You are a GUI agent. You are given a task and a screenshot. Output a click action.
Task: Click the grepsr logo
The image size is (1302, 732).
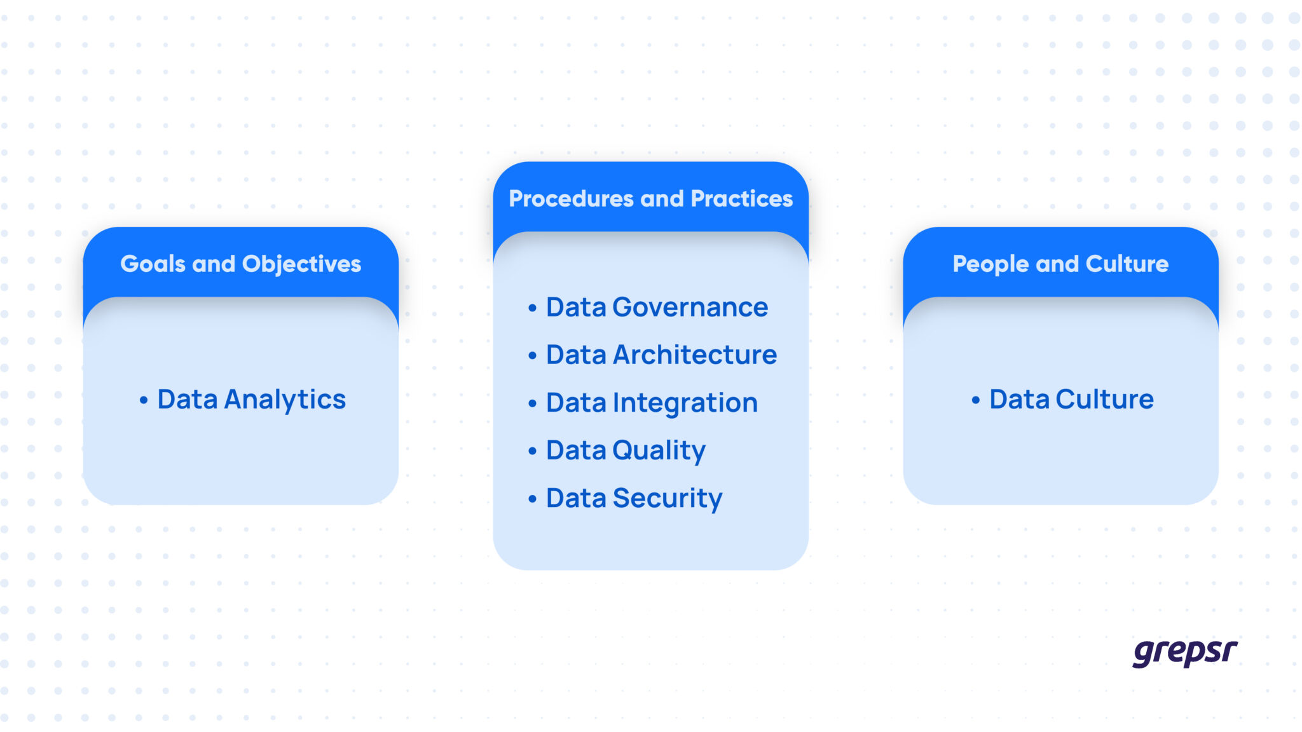click(1184, 653)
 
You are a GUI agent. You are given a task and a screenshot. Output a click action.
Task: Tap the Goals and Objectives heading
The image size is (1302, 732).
click(240, 264)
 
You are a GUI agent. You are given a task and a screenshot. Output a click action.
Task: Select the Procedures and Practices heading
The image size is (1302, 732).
click(650, 199)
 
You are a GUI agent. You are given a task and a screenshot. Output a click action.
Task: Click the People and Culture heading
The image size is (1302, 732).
click(1060, 264)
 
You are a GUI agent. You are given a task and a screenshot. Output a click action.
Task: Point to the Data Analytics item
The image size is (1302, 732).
click(251, 400)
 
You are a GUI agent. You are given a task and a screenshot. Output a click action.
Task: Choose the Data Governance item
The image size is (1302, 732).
click(657, 308)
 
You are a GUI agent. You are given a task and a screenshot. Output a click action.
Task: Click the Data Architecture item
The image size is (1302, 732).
click(661, 355)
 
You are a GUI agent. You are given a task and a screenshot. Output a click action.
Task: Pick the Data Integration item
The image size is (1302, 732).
click(652, 403)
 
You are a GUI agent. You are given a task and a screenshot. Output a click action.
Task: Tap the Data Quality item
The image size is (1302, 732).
click(626, 451)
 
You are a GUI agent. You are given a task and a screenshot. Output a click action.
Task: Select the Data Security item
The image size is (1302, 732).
click(634, 498)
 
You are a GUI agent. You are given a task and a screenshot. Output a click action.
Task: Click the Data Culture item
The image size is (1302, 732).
click(1071, 400)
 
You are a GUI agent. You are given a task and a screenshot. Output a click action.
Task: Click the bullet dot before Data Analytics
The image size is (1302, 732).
click(144, 400)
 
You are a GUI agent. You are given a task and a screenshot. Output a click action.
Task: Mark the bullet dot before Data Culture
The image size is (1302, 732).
click(975, 400)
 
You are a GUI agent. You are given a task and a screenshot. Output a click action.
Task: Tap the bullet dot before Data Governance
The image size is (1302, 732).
click(532, 308)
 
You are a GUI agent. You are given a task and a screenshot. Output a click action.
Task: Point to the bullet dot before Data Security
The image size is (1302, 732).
click(532, 499)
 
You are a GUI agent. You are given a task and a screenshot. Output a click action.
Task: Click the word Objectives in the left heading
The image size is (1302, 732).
click(301, 264)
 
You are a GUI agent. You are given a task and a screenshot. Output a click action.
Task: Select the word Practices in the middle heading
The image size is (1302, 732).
click(741, 199)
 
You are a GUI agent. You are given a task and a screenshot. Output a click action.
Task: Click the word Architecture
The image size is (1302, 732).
click(694, 355)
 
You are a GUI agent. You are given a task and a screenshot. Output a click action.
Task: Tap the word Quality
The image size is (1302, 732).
click(659, 451)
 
